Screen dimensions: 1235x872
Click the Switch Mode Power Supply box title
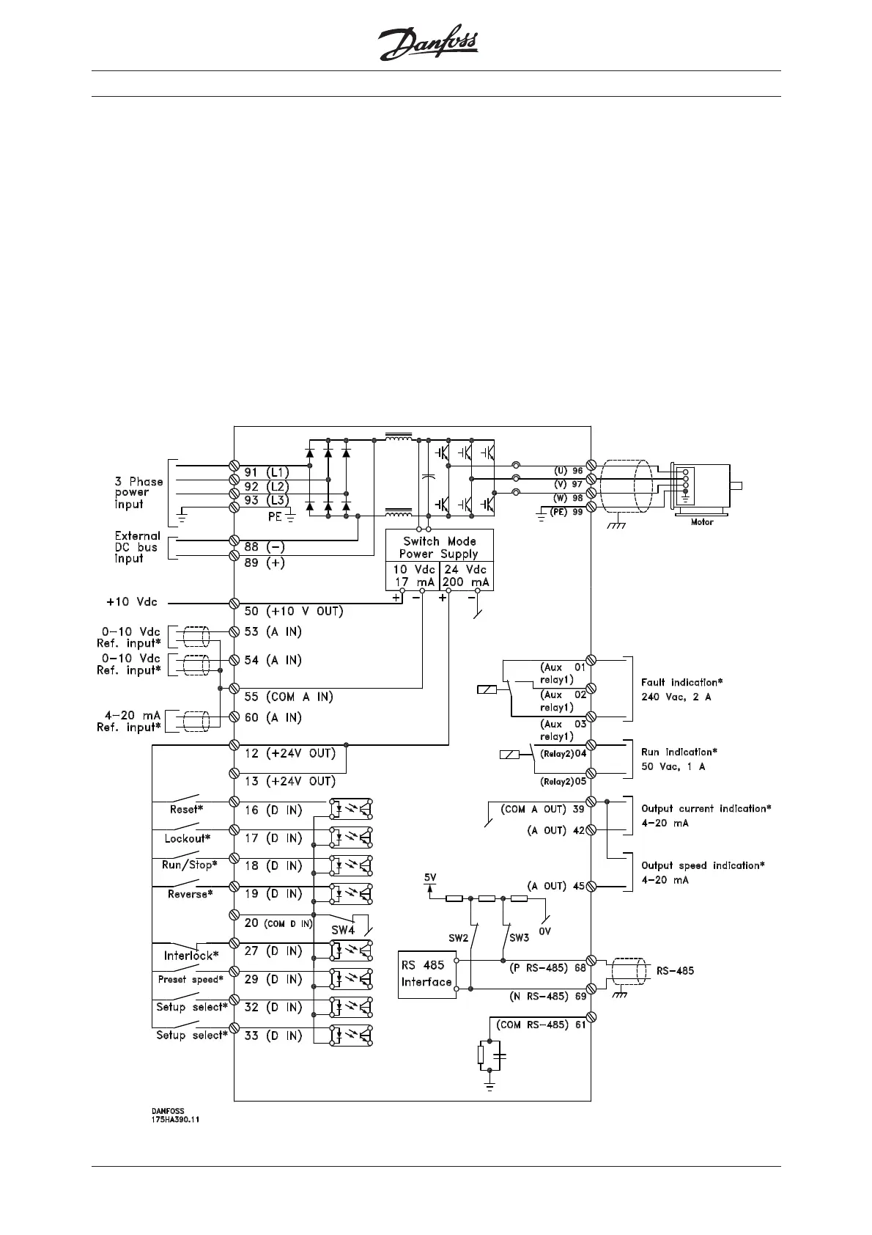tap(439, 547)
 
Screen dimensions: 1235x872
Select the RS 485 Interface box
tap(426, 973)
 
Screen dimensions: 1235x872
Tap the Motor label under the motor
tap(702, 522)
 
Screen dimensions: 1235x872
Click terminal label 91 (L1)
tap(267, 472)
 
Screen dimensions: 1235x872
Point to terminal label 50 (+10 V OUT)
tap(293, 611)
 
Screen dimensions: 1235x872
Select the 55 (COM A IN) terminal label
tap(288, 696)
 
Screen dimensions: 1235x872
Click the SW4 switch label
tap(341, 930)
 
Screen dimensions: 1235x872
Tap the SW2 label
tap(458, 938)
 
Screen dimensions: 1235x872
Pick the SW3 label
tap(519, 938)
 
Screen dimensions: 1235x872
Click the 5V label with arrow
tap(430, 878)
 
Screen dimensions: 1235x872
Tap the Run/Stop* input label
tap(189, 865)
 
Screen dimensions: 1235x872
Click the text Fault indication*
tap(681, 683)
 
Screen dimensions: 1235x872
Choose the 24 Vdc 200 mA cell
tap(466, 576)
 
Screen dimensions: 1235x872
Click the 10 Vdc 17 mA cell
tap(413, 576)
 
